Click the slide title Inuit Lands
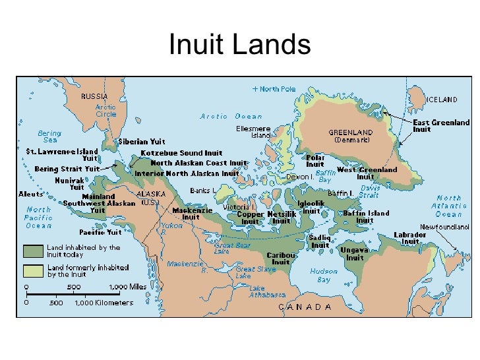click(239, 45)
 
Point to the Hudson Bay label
click(324, 275)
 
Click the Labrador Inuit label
click(410, 238)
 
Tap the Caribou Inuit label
click(280, 258)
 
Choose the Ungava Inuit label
click(355, 254)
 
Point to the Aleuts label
click(31, 195)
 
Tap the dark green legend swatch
click(34, 251)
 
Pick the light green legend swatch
click(34, 270)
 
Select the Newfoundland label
click(445, 227)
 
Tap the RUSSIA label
click(94, 96)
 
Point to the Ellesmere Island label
click(252, 133)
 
